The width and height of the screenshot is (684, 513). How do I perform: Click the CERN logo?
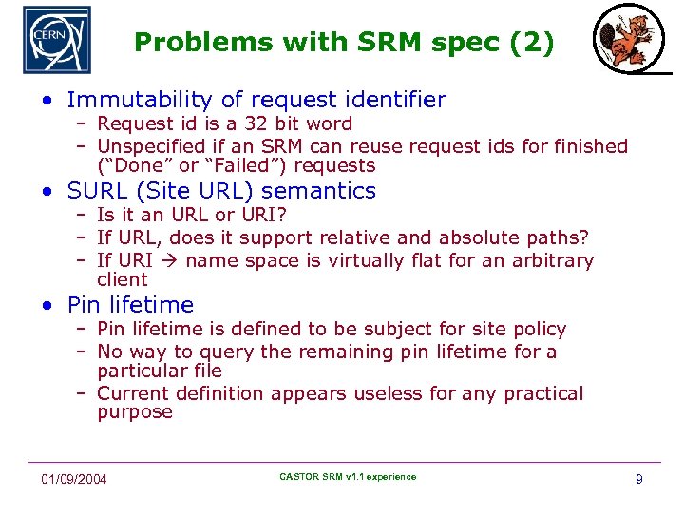click(56, 40)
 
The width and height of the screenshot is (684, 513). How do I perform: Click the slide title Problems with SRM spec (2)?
click(343, 43)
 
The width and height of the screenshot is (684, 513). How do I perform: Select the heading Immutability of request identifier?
click(256, 100)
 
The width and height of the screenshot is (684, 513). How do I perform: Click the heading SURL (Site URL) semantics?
click(221, 191)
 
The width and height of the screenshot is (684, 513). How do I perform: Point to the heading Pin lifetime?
click(130, 305)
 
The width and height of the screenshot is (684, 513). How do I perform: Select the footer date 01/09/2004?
click(74, 478)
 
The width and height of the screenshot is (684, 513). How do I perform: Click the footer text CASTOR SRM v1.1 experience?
click(348, 477)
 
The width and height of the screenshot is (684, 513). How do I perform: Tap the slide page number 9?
click(638, 479)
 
